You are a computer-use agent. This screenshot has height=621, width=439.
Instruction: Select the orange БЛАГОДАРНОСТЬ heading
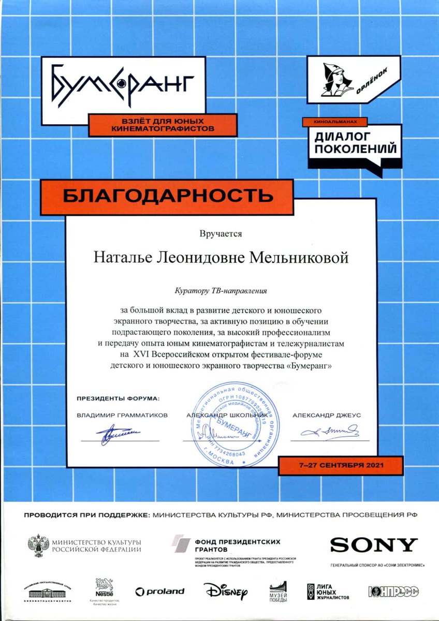(x=168, y=196)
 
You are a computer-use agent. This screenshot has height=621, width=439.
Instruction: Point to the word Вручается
(x=221, y=234)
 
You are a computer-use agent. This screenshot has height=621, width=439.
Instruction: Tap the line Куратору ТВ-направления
(x=221, y=291)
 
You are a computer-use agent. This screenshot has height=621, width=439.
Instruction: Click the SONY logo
(x=374, y=544)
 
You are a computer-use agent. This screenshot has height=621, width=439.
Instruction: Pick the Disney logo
(x=226, y=590)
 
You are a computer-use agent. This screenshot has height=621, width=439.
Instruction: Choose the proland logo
(x=159, y=591)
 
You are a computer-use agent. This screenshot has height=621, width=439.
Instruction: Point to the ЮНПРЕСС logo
(x=393, y=591)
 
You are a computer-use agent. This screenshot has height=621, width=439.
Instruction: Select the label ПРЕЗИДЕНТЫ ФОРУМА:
(x=119, y=399)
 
